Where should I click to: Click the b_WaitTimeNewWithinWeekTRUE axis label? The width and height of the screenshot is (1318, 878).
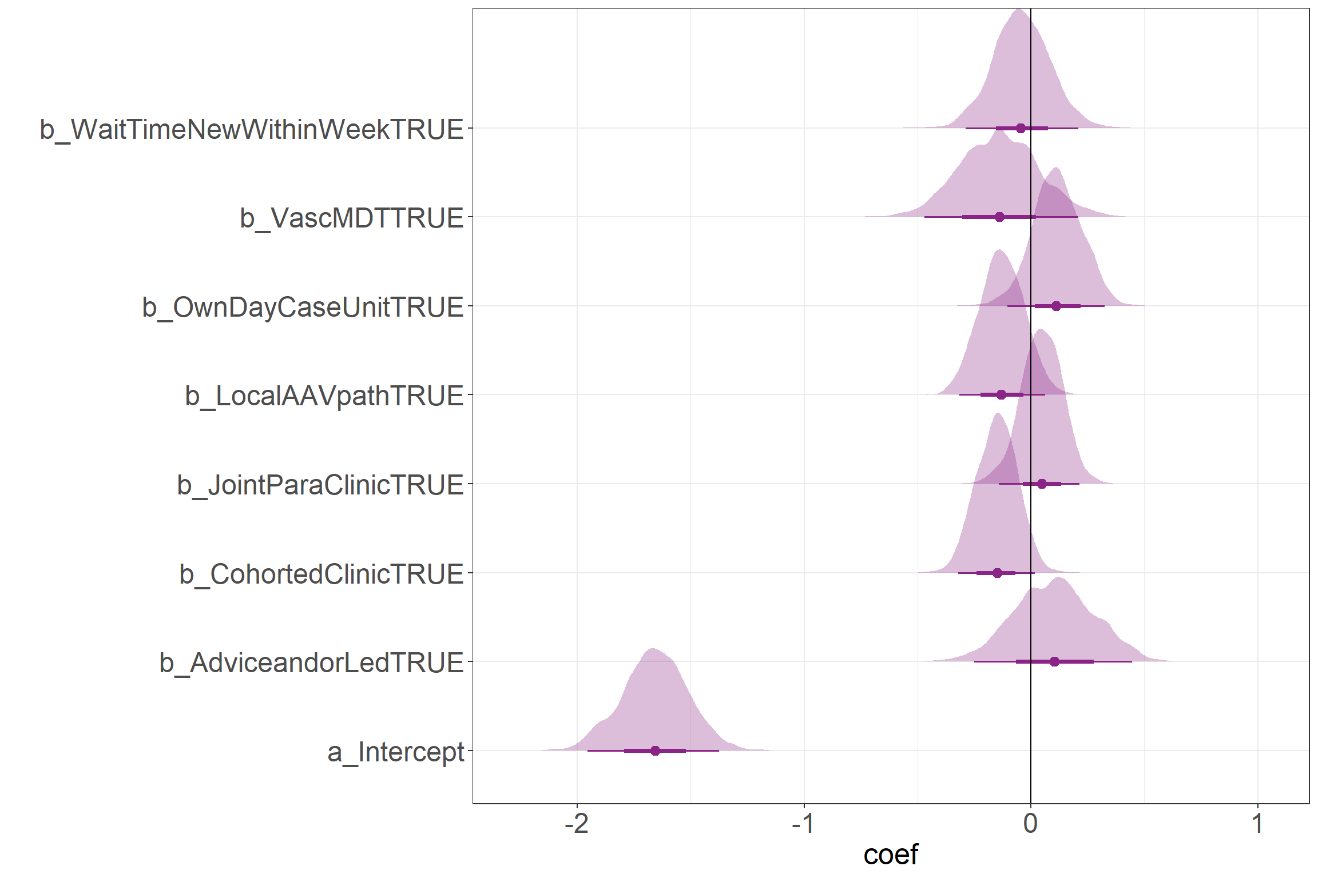(251, 130)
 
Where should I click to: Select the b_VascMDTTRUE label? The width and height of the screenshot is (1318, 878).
(351, 218)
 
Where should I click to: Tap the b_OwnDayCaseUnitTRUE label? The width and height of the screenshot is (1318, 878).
(303, 308)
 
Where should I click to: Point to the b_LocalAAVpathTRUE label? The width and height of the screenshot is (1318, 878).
(324, 396)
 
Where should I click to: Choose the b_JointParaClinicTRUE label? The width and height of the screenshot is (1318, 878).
(320, 485)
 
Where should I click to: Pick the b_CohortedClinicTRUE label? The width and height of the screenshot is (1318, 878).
(321, 574)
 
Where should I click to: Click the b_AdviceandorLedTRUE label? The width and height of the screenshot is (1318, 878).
(311, 663)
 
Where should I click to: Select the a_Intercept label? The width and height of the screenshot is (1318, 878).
(395, 752)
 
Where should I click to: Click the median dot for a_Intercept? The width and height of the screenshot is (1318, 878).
(655, 751)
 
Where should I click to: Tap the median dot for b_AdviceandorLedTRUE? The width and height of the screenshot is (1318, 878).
(1055, 661)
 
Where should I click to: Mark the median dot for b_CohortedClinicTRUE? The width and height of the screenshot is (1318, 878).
(998, 573)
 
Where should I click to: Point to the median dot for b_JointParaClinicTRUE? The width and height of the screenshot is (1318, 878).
(1042, 484)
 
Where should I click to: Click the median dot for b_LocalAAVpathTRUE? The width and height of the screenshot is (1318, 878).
(1001, 394)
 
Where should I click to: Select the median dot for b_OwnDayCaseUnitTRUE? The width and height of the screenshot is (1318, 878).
(1056, 306)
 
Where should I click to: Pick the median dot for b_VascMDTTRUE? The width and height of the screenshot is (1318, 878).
(999, 217)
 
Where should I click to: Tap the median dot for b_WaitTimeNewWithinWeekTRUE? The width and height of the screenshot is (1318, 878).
(1021, 128)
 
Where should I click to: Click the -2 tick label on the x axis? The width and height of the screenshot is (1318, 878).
(576, 824)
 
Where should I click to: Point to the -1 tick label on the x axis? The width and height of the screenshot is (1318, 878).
(803, 824)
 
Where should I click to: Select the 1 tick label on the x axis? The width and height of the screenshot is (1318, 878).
(1257, 824)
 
